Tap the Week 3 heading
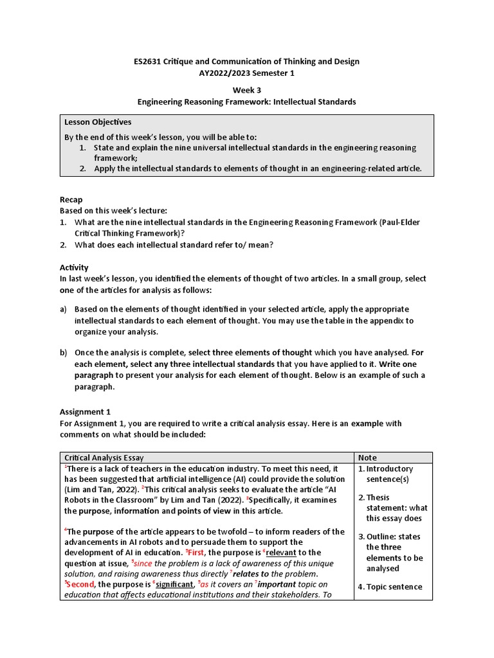click(246, 90)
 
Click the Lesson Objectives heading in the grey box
click(98, 122)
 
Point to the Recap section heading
click(71, 200)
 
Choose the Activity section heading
click(74, 267)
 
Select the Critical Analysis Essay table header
click(104, 458)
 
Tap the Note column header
click(367, 458)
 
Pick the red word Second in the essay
click(80, 585)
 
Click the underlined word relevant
click(279, 553)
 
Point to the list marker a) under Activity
click(63, 309)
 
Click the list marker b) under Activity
click(63, 353)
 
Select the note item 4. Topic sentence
click(390, 587)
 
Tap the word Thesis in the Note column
click(378, 497)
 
